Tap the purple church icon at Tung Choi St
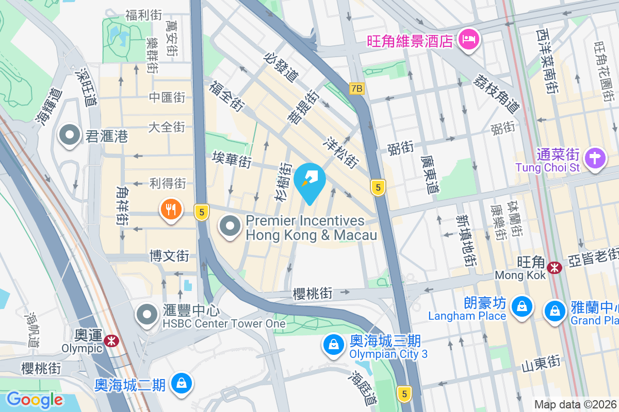coord(596,158)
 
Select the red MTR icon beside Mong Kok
coord(555,267)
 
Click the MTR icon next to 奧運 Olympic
coord(110,340)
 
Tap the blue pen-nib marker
coord(309,180)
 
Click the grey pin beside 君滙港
coord(69,136)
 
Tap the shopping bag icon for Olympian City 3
coord(334,345)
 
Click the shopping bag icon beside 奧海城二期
coord(182,384)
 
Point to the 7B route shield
coord(356,89)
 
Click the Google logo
coord(35,399)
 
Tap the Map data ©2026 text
coord(576,405)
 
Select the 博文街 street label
coord(169,255)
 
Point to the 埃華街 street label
coord(232,160)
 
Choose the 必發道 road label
coord(281,67)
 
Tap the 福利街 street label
coord(143,15)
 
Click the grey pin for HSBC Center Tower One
coord(148,315)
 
